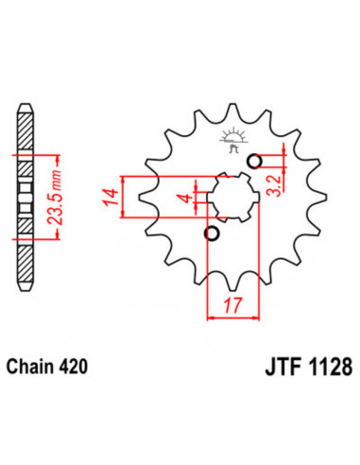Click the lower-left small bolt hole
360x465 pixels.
tap(212, 233)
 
